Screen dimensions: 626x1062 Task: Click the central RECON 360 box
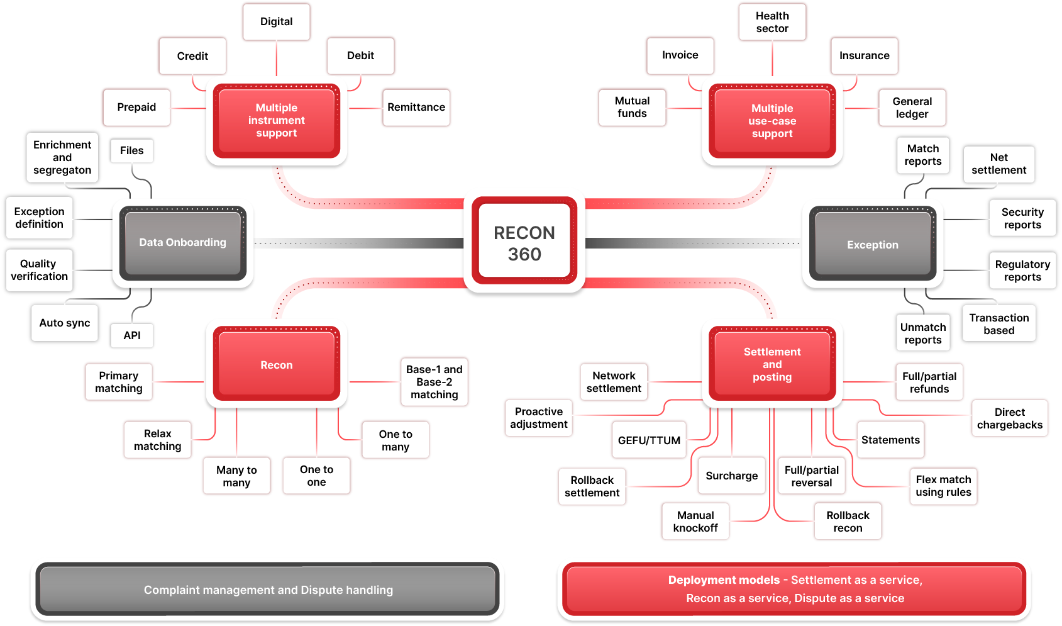pos(524,243)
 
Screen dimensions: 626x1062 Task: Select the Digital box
pos(277,22)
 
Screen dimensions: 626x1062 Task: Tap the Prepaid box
pos(136,108)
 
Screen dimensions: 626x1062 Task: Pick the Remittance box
pos(416,108)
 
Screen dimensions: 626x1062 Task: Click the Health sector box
pos(772,23)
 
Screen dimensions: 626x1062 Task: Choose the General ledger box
pos(912,108)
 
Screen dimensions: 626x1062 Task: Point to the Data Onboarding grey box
pos(182,243)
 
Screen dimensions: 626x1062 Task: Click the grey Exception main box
pos(872,245)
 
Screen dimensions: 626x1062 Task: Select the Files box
pos(131,151)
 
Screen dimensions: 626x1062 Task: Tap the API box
pos(131,335)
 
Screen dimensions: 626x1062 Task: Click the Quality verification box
pos(39,270)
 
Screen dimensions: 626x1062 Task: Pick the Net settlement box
pos(998,164)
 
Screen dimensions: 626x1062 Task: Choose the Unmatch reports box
pos(922,333)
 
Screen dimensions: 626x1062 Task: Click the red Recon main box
pos(276,365)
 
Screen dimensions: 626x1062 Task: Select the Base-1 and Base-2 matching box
pos(434,382)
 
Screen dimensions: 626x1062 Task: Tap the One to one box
pos(316,476)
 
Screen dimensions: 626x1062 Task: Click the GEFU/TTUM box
pos(649,440)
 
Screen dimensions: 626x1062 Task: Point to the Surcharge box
pos(731,476)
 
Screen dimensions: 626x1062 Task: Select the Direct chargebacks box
pos(1009,418)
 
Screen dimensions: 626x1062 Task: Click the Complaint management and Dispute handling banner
pos(268,590)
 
